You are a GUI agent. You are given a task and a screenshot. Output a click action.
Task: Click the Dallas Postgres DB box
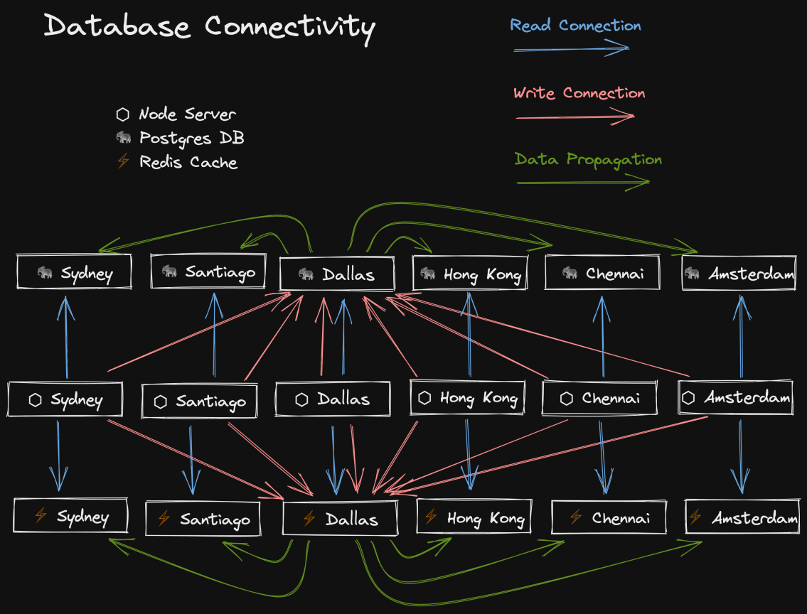coord(337,274)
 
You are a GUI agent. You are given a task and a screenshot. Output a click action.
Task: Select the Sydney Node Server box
coord(65,400)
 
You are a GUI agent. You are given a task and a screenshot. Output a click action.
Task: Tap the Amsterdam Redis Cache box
coord(742,518)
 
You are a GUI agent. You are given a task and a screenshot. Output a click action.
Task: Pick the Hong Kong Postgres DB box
coord(470,274)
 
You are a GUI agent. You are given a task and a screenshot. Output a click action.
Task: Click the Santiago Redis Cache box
coord(203,519)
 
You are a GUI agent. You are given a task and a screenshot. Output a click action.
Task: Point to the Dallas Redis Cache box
coord(340,519)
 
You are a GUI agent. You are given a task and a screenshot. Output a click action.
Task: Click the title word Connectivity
coord(289,27)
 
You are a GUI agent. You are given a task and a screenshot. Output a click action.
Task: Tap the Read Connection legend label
coord(575,26)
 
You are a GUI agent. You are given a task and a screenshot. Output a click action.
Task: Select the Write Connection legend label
coord(579,93)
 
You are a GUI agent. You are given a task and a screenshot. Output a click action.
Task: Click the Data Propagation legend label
coord(587,159)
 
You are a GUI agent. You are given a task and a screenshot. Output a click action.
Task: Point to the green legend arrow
coord(582,183)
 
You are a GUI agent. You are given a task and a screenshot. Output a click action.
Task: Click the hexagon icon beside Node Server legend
coord(123,114)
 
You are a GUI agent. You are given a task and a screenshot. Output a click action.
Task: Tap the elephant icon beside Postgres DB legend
coord(124,137)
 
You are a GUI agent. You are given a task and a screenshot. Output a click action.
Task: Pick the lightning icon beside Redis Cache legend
coord(123,161)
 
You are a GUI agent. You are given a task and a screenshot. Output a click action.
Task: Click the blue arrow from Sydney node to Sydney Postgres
coord(66,338)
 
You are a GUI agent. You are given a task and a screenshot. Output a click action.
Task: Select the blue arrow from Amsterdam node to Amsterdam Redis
coord(742,455)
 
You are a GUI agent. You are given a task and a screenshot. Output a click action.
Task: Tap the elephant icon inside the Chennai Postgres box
coord(570,273)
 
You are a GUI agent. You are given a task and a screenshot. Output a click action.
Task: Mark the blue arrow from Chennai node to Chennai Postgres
coord(602,338)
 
